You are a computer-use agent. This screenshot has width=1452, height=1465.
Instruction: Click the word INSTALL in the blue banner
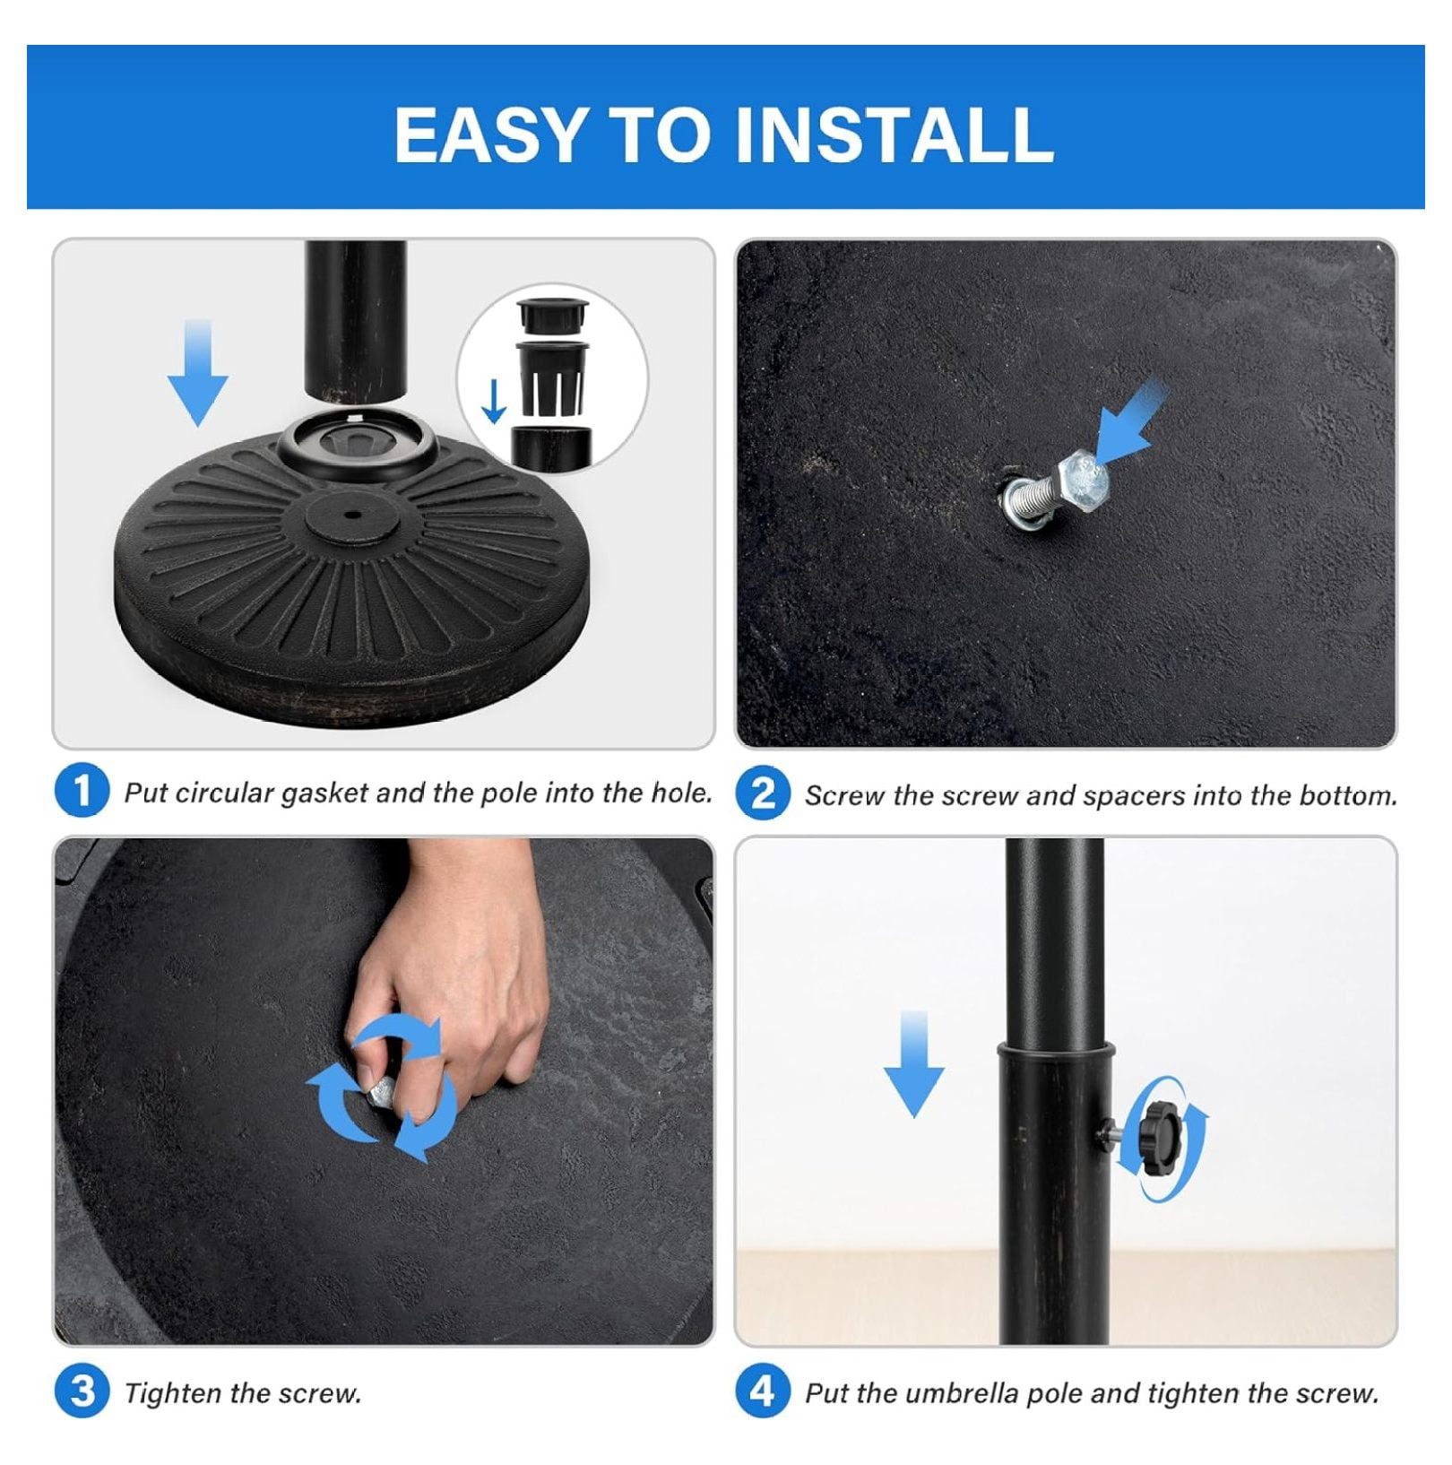tap(894, 134)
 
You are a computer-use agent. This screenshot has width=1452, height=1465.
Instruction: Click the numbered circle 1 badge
tap(82, 791)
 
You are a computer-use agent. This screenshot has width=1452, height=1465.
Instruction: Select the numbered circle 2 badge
tap(763, 793)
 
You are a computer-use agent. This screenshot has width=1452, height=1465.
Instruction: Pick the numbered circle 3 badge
tap(82, 1391)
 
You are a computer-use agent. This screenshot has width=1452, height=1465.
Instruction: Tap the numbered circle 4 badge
tap(763, 1391)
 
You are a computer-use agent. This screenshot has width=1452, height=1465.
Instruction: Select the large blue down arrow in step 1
tap(197, 372)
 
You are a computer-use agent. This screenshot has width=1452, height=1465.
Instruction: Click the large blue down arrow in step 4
tap(913, 1063)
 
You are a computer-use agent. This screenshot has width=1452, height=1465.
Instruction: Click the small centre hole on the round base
tap(350, 515)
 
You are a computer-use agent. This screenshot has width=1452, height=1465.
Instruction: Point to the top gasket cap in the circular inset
tap(552, 316)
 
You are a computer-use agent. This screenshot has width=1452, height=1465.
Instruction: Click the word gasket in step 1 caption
tap(324, 793)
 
